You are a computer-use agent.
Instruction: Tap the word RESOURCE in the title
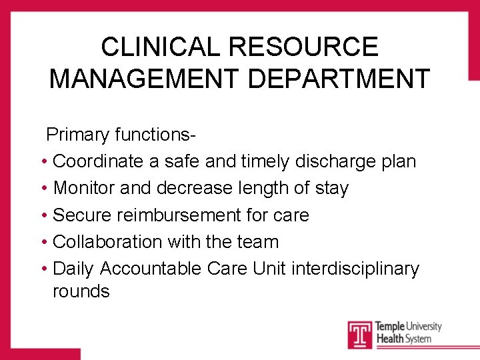click(303, 47)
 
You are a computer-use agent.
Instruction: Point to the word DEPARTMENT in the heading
click(339, 78)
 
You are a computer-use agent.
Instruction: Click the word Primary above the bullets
click(77, 135)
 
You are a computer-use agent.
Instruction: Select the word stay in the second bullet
click(331, 188)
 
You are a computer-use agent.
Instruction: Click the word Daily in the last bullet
click(73, 268)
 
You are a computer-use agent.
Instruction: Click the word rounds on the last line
click(81, 291)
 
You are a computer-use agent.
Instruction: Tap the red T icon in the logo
click(360, 334)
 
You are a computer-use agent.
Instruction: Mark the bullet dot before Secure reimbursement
click(43, 215)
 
